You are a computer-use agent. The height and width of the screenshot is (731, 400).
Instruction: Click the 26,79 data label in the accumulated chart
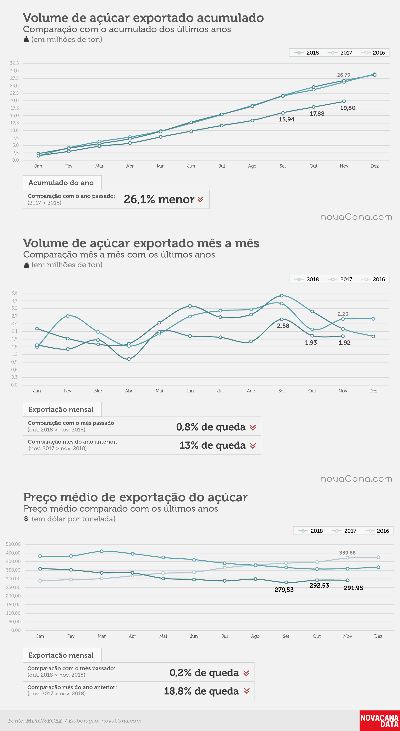[x=344, y=75]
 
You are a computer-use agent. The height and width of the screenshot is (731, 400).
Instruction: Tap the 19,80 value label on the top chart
[x=348, y=108]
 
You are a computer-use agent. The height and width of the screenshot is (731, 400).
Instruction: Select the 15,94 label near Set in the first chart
[x=286, y=119]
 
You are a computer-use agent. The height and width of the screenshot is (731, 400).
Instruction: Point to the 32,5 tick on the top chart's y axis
[x=14, y=63]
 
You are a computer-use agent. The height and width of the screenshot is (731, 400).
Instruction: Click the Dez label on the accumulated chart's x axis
[x=374, y=166]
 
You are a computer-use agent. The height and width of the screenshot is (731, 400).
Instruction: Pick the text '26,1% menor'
[x=159, y=199]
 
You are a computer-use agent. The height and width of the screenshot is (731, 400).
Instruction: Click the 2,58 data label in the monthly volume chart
[x=283, y=326]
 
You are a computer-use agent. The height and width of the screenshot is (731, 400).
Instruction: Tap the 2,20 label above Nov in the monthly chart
[x=343, y=314]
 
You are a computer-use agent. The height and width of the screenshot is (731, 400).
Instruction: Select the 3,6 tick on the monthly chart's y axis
[x=14, y=293]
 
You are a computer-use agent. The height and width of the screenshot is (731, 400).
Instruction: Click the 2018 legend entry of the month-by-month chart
[x=306, y=279]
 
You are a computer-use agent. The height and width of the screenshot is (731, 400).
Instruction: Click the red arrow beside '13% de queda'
[x=253, y=446]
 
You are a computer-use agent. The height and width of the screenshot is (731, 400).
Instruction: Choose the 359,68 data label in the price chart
[x=347, y=552]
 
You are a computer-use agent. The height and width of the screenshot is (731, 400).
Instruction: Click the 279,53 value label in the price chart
[x=284, y=590]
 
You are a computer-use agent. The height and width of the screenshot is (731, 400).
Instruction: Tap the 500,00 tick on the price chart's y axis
[x=13, y=544]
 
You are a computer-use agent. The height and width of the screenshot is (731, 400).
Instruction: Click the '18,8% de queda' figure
[x=201, y=691]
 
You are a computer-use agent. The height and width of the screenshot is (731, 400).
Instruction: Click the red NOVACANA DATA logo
[x=380, y=720]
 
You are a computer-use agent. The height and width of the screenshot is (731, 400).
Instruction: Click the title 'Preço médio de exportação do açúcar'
[x=135, y=497]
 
